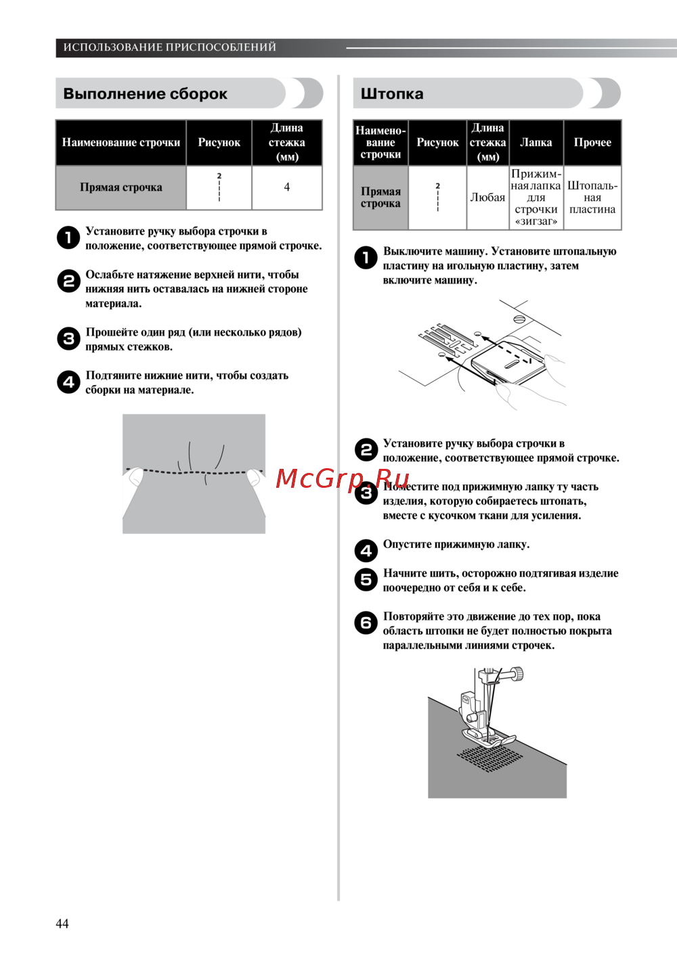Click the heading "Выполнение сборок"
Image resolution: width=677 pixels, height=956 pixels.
pyautogui.click(x=145, y=94)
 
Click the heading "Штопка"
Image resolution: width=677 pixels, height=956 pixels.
pyautogui.click(x=392, y=94)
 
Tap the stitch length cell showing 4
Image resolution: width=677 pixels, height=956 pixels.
pyautogui.click(x=286, y=187)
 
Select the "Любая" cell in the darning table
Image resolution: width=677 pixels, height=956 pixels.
pyautogui.click(x=487, y=198)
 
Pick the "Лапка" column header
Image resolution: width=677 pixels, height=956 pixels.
pyautogui.click(x=536, y=143)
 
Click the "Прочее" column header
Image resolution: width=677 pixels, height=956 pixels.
pyautogui.click(x=592, y=143)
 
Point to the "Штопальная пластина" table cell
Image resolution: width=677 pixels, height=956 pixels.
pyautogui.click(x=592, y=198)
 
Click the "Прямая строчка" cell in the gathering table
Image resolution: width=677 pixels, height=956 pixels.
pyautogui.click(x=121, y=187)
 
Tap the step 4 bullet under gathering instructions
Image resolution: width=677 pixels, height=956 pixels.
pyautogui.click(x=68, y=382)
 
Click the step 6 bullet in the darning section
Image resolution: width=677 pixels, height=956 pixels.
pyautogui.click(x=366, y=623)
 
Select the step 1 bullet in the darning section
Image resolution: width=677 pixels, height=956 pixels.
pyautogui.click(x=366, y=258)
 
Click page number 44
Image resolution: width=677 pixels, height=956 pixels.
pyautogui.click(x=62, y=924)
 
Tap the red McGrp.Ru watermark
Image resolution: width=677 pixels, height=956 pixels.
pyautogui.click(x=343, y=478)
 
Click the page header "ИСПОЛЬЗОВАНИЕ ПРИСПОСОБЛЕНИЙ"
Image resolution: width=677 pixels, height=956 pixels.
pyautogui.click(x=169, y=47)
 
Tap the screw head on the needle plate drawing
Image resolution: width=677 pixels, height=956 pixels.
pyautogui.click(x=519, y=318)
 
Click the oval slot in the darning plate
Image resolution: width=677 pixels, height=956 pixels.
pyautogui.click(x=511, y=365)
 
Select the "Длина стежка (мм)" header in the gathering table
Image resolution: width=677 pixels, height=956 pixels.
pyautogui.click(x=286, y=143)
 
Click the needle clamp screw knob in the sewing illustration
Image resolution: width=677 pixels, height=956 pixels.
pyautogui.click(x=517, y=673)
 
